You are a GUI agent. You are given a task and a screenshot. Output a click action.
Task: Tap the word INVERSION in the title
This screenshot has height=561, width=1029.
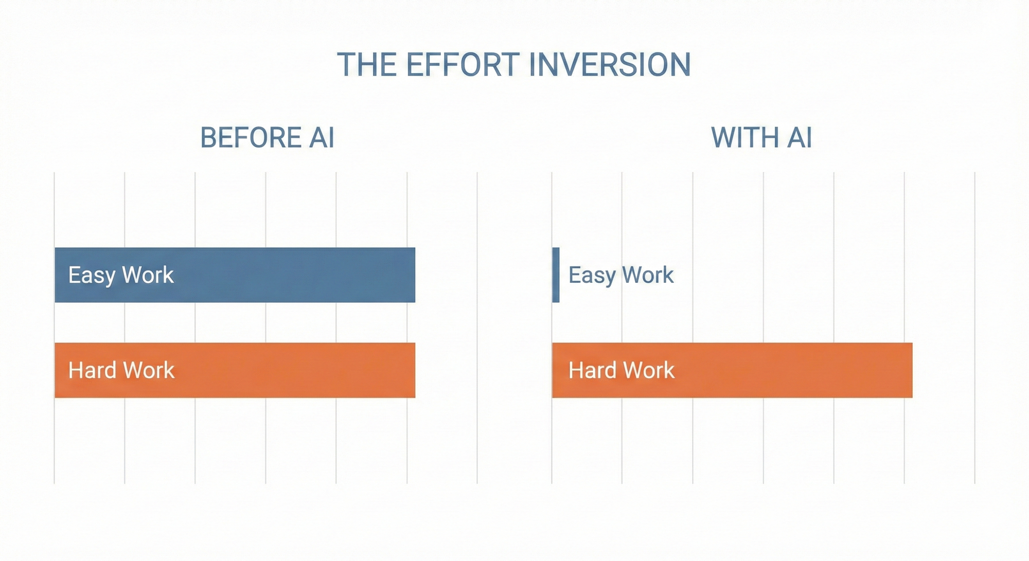pyautogui.click(x=610, y=65)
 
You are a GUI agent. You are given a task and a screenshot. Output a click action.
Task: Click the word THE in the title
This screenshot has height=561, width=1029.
pyautogui.click(x=367, y=65)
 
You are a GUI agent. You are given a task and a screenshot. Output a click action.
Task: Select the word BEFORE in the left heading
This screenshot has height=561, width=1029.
pyautogui.click(x=251, y=137)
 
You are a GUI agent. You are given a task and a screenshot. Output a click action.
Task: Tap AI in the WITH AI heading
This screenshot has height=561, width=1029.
pyautogui.click(x=800, y=137)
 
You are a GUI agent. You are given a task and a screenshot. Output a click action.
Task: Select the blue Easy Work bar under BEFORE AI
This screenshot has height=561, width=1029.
pyautogui.click(x=235, y=275)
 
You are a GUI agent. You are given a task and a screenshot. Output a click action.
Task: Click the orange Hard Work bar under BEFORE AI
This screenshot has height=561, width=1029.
pyautogui.click(x=235, y=370)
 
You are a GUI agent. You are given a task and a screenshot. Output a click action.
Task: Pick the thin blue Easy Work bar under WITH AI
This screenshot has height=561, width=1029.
pyautogui.click(x=556, y=275)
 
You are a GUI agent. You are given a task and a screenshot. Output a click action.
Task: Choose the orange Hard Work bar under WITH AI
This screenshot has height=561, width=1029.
pyautogui.click(x=732, y=370)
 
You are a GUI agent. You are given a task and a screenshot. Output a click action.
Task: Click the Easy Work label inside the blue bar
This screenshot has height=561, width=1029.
pyautogui.click(x=121, y=275)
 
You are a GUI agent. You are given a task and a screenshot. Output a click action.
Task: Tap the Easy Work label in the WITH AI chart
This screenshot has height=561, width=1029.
pyautogui.click(x=621, y=275)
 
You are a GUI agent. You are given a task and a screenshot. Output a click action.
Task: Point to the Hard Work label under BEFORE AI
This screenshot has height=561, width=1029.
pyautogui.click(x=121, y=370)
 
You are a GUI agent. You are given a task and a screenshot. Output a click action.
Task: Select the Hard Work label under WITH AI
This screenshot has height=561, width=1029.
pyautogui.click(x=622, y=370)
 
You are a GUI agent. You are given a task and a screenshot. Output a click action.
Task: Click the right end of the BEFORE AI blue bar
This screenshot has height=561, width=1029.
pyautogui.click(x=415, y=275)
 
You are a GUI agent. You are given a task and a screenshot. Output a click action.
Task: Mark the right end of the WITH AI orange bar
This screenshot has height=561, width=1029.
pyautogui.click(x=912, y=370)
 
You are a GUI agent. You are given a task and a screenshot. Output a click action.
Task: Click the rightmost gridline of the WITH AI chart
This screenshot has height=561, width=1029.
pyautogui.click(x=974, y=328)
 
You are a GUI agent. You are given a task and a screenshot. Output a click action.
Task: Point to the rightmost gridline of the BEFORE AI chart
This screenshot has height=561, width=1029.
pyautogui.click(x=477, y=328)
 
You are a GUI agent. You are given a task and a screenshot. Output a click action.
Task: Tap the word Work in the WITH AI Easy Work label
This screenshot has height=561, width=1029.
pyautogui.click(x=648, y=275)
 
